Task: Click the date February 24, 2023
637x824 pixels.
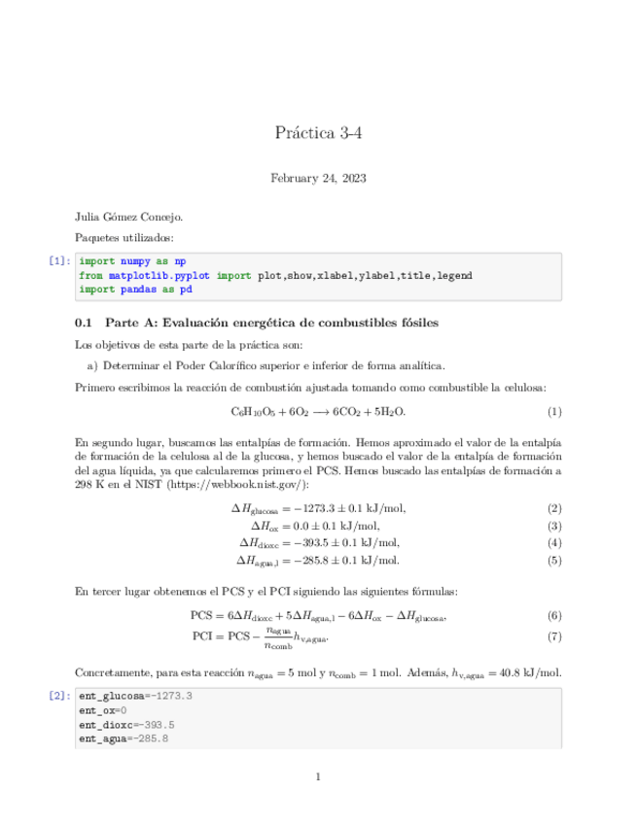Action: point(318,178)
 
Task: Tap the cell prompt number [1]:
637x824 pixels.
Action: point(60,260)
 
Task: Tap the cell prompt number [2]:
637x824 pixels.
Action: point(60,696)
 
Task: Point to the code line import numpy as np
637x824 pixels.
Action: point(132,261)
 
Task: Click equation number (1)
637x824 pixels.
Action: point(554,411)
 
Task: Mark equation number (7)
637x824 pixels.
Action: point(554,636)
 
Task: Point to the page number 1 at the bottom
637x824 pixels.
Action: point(318,775)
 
